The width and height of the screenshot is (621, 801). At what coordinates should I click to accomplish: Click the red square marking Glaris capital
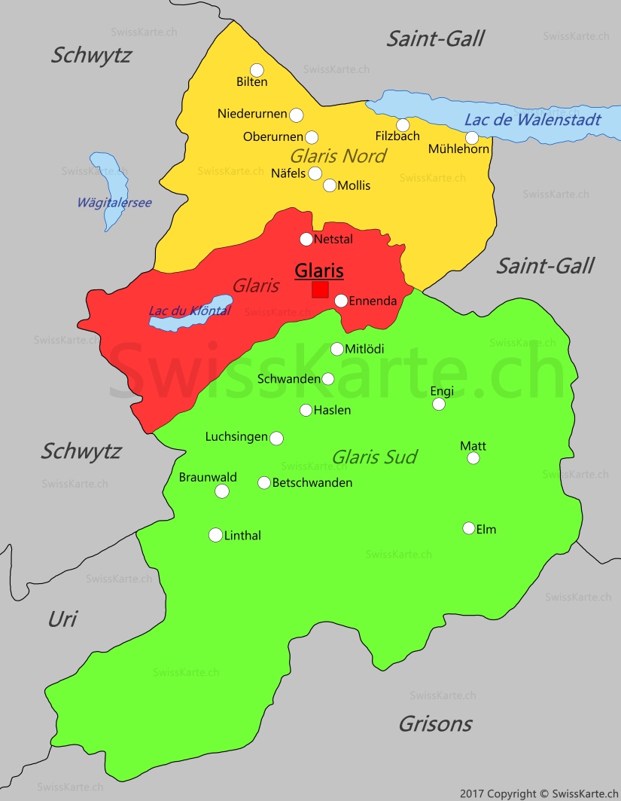(320, 289)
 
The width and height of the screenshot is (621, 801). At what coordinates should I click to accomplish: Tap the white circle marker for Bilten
(257, 69)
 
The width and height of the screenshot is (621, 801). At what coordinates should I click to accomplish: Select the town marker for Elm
(469, 528)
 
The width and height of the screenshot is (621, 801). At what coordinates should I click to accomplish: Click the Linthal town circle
(215, 535)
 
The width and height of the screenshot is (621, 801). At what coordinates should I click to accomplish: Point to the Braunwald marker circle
(222, 491)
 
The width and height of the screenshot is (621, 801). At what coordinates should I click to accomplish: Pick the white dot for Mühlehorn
(472, 137)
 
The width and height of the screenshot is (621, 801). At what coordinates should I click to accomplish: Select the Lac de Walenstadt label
(532, 119)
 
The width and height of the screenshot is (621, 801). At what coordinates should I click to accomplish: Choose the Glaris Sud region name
(374, 457)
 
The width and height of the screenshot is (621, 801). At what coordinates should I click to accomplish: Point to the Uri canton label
(62, 619)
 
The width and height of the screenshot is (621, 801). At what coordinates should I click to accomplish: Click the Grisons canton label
(435, 723)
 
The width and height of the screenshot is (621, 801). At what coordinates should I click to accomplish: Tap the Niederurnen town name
(252, 114)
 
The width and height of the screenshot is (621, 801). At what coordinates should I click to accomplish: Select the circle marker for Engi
(439, 404)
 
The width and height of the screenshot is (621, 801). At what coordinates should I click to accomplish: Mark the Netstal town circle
(306, 239)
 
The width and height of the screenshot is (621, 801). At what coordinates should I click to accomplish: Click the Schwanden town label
(289, 379)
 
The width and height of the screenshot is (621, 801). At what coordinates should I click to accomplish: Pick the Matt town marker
(473, 458)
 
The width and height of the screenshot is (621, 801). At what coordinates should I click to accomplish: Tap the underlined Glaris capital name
(319, 271)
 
